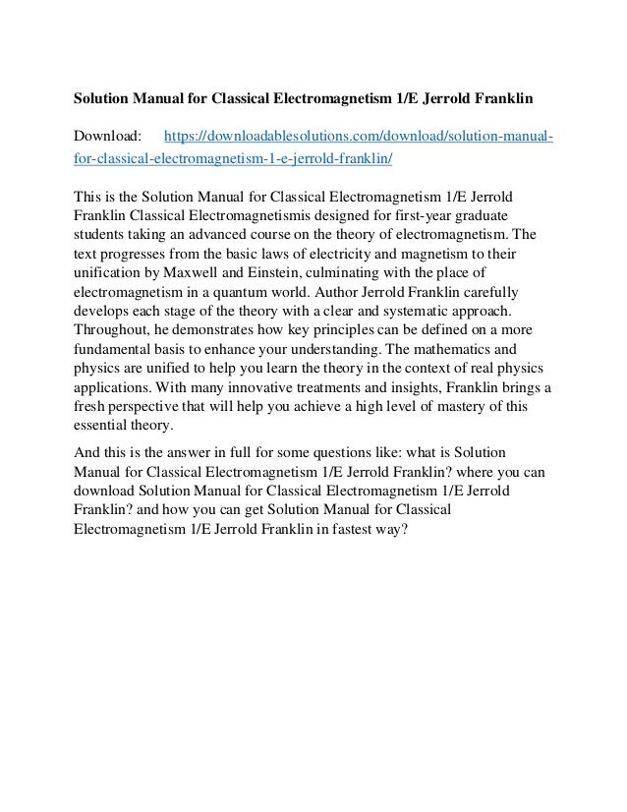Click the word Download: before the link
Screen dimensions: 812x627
coord(108,133)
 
